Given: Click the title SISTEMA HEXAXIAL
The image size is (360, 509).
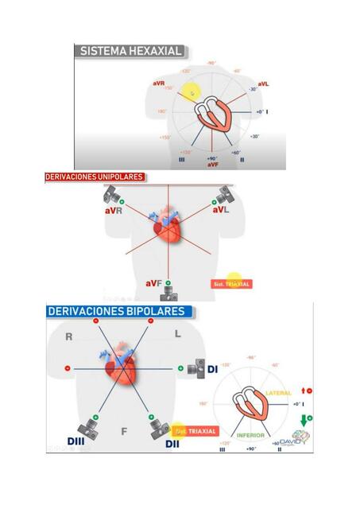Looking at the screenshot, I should [131, 51].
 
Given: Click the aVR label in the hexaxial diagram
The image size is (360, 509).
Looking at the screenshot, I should [159, 82].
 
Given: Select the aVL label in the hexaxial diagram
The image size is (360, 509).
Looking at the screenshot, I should [263, 83].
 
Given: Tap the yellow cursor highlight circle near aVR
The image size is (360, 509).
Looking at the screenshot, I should [190, 92].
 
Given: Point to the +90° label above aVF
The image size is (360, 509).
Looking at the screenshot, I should [212, 158].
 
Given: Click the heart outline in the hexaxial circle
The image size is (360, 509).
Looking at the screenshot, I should [219, 115].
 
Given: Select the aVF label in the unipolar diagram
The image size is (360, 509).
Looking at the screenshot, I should [154, 283].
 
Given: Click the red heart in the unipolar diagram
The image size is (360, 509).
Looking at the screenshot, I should [168, 229].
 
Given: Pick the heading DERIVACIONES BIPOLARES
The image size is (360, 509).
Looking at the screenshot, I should [117, 311].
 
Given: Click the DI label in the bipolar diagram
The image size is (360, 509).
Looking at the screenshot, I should [212, 369].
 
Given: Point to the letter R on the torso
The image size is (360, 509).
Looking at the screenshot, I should [69, 336].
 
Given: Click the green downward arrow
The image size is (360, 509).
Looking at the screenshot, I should [302, 418].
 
